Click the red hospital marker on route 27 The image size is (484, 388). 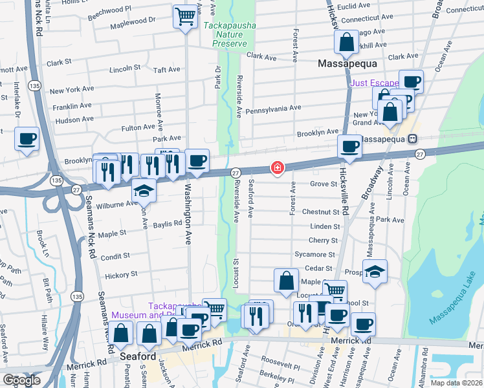[x=278, y=168]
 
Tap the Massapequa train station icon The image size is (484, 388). [x=411, y=139]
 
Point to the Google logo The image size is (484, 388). [x=22, y=380]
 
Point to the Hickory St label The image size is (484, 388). [x=122, y=274]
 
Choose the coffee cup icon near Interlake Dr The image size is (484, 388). [x=27, y=139]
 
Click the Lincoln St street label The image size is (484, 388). [x=125, y=68]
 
